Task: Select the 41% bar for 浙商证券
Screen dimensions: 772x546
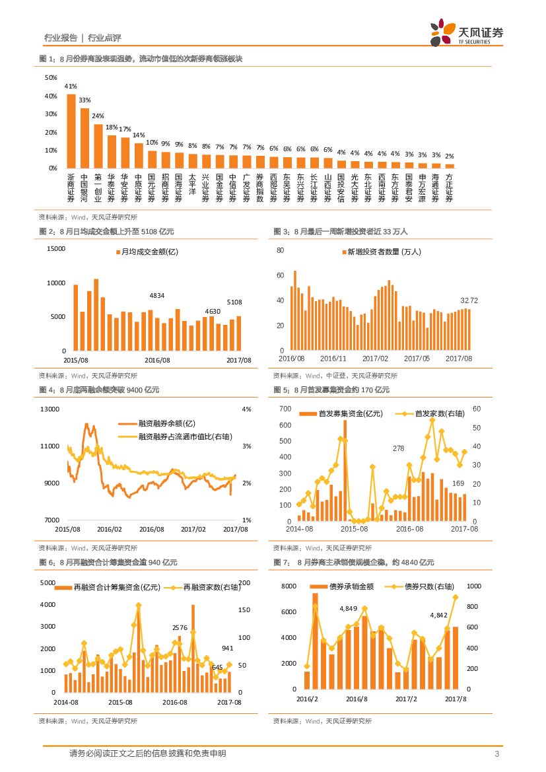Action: tap(71, 131)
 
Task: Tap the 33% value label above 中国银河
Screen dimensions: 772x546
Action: tap(85, 100)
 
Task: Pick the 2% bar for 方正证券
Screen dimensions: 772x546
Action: tap(450, 166)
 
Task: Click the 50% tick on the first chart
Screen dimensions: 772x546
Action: tap(51, 78)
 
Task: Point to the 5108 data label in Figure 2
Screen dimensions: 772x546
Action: tap(234, 302)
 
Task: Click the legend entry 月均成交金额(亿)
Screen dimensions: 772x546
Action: tap(147, 252)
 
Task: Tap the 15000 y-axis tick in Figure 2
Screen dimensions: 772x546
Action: tap(56, 248)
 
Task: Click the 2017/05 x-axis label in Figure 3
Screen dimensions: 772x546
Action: tap(417, 358)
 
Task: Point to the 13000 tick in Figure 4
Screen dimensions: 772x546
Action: tap(50, 409)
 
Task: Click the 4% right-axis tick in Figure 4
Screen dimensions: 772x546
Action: tap(247, 409)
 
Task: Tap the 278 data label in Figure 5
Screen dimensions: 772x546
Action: tap(398, 448)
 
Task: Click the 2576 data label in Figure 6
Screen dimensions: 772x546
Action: tap(180, 627)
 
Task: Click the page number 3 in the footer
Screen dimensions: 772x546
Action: tap(496, 754)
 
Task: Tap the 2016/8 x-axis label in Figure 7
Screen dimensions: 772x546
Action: tap(357, 698)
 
